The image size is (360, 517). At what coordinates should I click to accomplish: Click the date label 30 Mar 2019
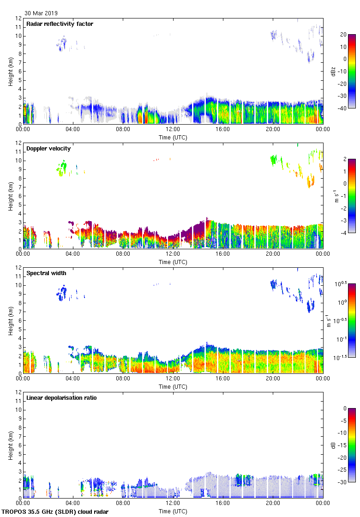click(41, 13)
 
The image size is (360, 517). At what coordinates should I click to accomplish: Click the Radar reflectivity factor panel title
click(60, 24)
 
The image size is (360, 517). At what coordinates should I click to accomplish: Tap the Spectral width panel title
click(46, 273)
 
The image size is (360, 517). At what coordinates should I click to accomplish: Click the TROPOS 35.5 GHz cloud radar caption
click(55, 512)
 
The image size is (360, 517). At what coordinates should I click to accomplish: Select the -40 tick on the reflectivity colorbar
click(344, 108)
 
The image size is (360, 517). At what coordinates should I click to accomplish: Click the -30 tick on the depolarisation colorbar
click(344, 482)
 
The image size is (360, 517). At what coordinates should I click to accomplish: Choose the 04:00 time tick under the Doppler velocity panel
click(73, 254)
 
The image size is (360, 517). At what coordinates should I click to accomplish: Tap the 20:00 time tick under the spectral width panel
click(273, 379)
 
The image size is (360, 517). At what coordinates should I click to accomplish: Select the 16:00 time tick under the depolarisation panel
click(223, 503)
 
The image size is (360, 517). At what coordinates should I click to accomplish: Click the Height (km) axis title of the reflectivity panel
click(10, 71)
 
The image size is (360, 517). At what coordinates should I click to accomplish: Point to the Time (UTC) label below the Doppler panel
click(173, 262)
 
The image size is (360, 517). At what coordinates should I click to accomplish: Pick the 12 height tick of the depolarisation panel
click(18, 392)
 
